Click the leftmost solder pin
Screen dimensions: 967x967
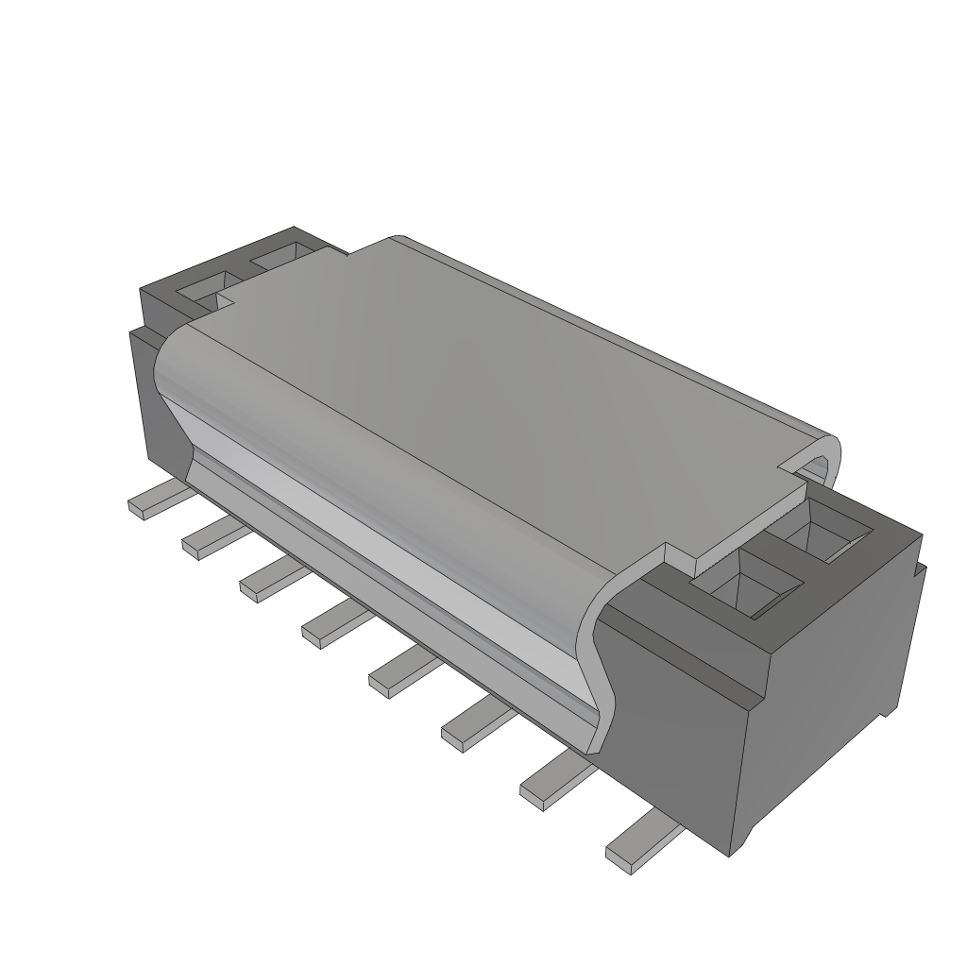tap(151, 500)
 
